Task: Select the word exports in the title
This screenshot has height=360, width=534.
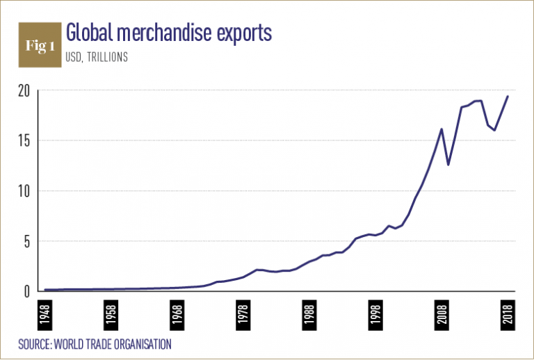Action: (x=247, y=33)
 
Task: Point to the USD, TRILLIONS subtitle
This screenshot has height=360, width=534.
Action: (x=97, y=58)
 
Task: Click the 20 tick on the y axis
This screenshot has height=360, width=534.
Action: (x=23, y=90)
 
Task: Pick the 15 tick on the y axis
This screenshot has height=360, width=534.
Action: (x=23, y=141)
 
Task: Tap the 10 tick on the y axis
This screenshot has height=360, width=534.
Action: (x=23, y=191)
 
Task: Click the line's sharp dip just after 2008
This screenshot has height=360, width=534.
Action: (x=448, y=164)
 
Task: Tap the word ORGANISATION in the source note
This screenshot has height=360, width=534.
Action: (x=140, y=344)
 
